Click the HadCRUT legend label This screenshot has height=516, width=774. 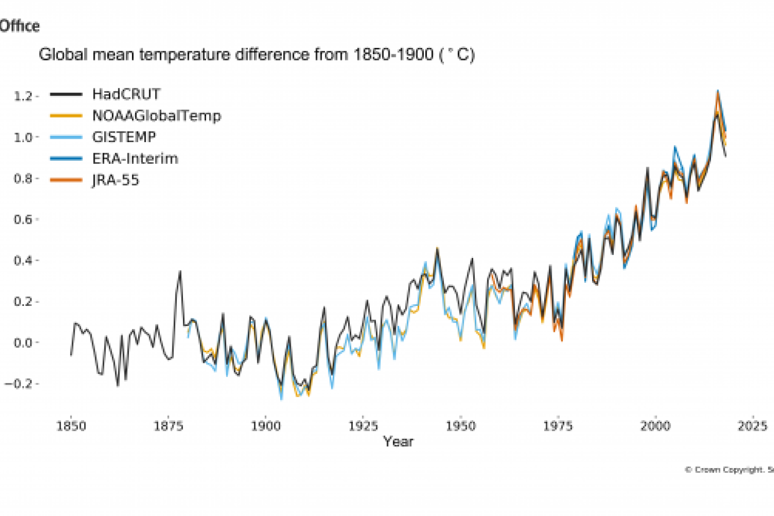point(126,94)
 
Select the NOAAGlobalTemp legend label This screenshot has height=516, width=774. point(156,116)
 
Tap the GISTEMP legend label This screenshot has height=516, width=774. point(124,137)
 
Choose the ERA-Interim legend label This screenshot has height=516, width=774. point(135,159)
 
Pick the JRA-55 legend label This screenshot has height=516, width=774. point(115,180)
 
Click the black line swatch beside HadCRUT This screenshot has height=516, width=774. point(66,94)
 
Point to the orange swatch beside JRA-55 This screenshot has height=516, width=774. point(66,180)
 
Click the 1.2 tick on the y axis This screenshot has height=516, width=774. point(23,96)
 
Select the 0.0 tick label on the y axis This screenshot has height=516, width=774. point(23,343)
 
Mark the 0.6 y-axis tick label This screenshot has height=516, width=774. point(23,220)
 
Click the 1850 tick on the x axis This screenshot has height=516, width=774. point(71,426)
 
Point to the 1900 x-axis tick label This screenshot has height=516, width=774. point(266,426)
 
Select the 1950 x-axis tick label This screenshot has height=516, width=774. point(461,426)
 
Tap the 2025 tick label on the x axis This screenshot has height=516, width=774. point(752,426)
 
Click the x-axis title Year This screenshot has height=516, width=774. point(398,442)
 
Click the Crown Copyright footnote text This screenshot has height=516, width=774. point(729,470)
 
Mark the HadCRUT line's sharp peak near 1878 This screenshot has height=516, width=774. point(180,272)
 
